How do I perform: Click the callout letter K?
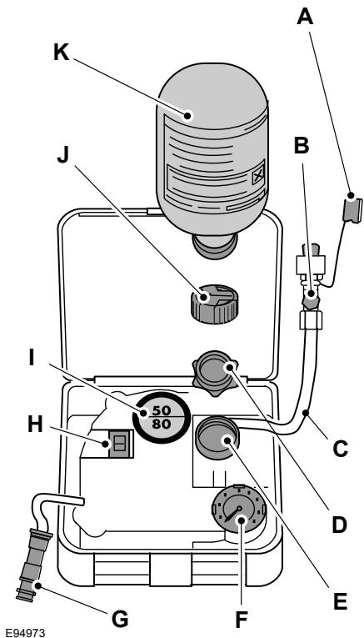(x=62, y=52)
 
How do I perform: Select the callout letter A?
(x=305, y=17)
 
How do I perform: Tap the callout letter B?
(x=301, y=146)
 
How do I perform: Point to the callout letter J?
(x=63, y=155)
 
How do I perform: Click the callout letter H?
(x=35, y=425)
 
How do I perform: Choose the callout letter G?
(x=120, y=620)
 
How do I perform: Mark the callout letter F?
(x=242, y=620)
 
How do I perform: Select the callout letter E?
(x=339, y=602)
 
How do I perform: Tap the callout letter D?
(x=339, y=525)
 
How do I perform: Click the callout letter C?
(x=341, y=449)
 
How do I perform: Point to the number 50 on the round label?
(x=162, y=410)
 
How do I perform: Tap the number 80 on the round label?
(x=162, y=424)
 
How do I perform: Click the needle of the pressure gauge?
(x=232, y=514)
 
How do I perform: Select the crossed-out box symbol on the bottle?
(x=258, y=178)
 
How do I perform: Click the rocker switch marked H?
(x=120, y=444)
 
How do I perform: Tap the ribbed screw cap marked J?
(x=214, y=304)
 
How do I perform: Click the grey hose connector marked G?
(x=34, y=565)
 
